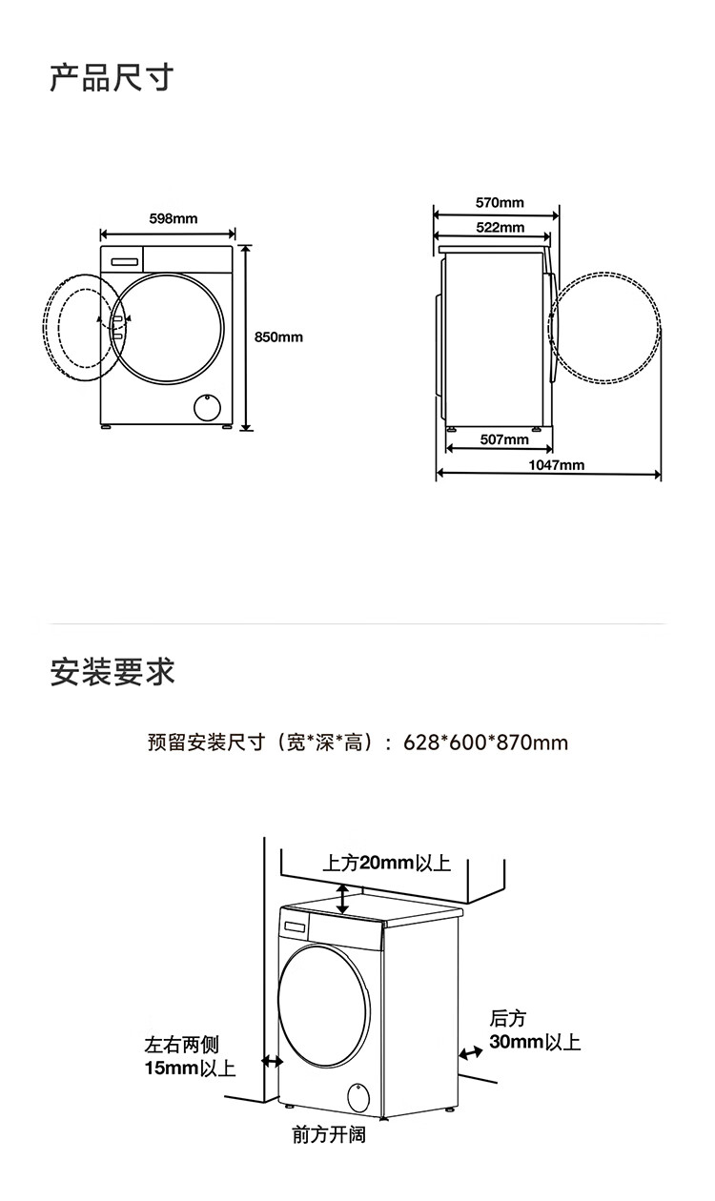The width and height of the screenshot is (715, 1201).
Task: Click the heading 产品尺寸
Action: (x=112, y=77)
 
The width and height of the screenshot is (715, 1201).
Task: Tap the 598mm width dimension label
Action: (x=174, y=219)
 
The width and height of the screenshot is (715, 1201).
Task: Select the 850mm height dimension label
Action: (x=278, y=336)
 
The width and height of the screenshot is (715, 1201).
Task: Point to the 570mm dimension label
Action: (x=500, y=203)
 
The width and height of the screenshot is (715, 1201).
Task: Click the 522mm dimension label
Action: (x=500, y=227)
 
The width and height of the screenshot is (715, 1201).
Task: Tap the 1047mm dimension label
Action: (x=557, y=465)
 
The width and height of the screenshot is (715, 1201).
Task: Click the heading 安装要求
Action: (x=112, y=672)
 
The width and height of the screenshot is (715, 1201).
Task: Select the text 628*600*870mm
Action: (x=485, y=742)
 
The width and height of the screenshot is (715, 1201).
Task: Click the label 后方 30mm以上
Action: (x=534, y=1030)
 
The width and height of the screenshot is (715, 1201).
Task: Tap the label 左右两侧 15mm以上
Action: (x=189, y=1057)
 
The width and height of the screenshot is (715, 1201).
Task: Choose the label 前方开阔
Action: (x=328, y=1135)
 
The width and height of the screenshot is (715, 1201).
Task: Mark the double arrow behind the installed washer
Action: (x=469, y=1052)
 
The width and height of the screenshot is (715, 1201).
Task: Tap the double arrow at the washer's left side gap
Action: (x=272, y=1061)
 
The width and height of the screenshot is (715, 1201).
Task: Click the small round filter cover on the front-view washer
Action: (x=207, y=407)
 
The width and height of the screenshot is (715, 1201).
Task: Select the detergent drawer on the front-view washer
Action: (x=125, y=259)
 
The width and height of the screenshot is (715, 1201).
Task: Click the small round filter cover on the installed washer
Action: (x=358, y=1096)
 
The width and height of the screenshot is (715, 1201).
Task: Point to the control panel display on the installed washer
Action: (x=295, y=925)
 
